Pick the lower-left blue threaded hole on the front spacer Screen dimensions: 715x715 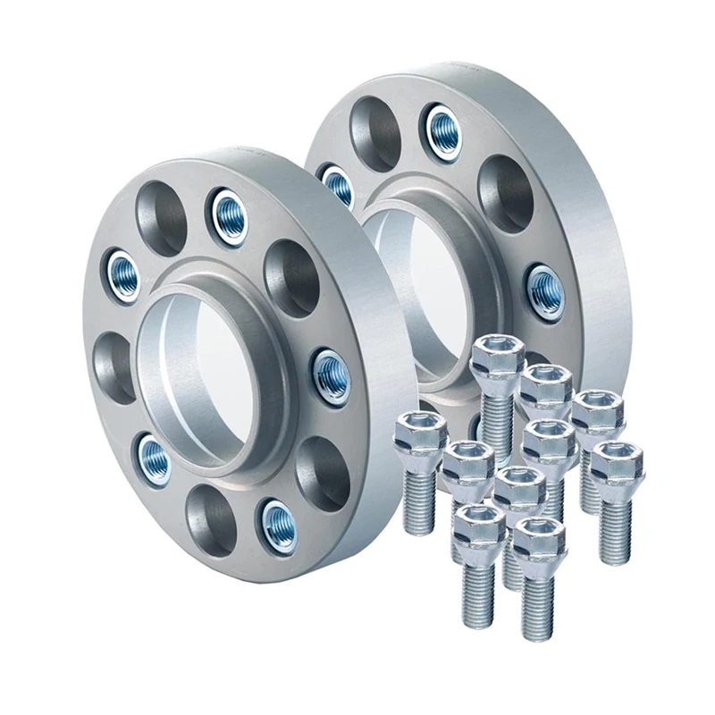pos(154,458)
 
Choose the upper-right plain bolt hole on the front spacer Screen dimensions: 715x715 pos(292,265)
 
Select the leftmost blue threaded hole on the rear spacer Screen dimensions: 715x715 pos(338,186)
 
